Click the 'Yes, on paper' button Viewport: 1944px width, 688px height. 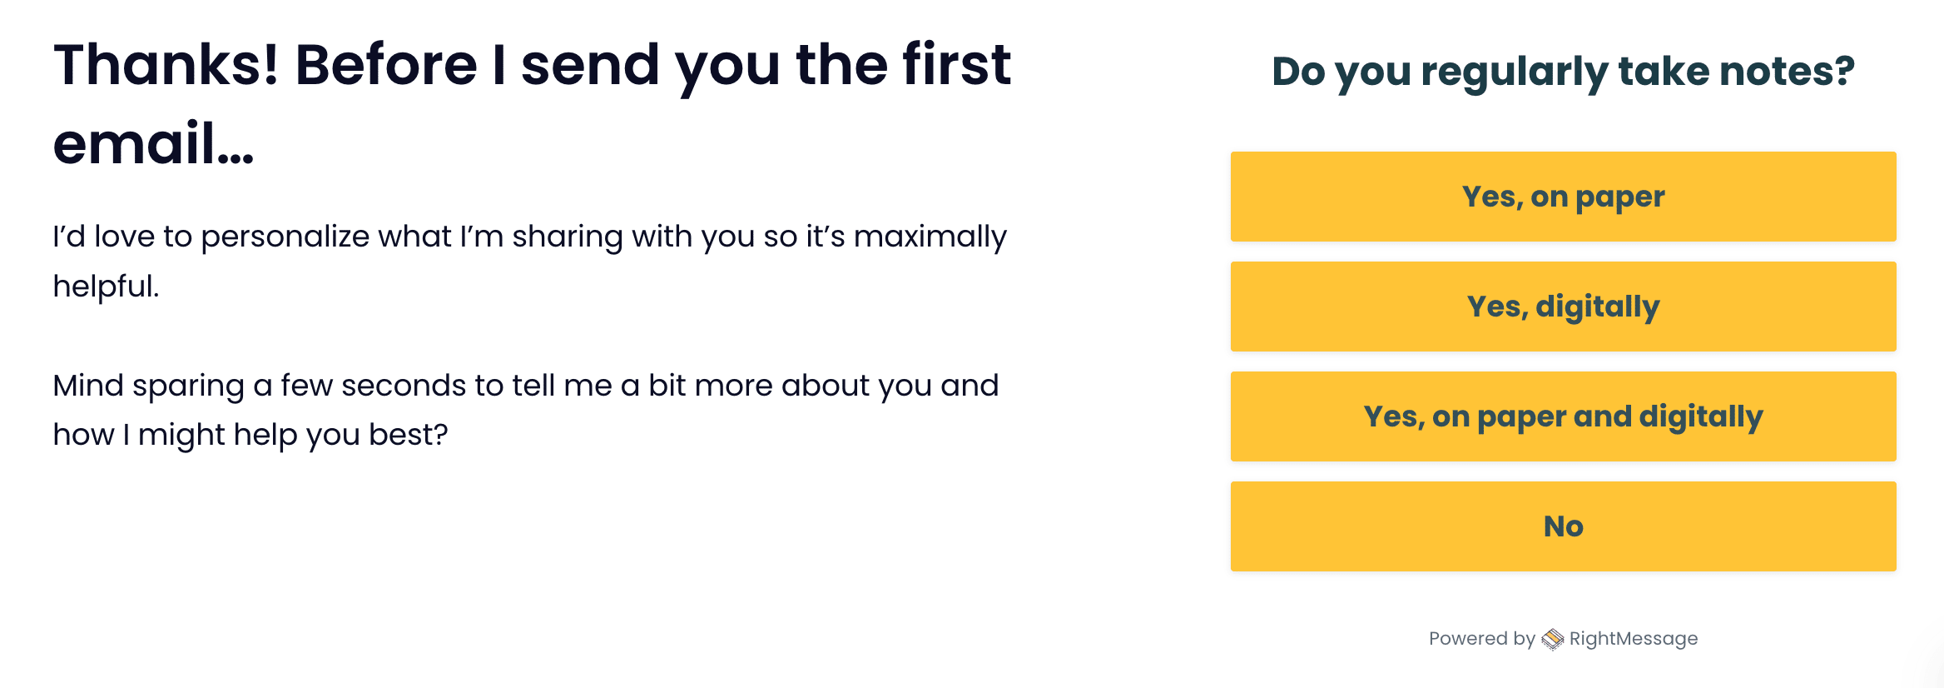[1563, 197]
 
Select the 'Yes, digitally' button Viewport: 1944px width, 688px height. [1563, 307]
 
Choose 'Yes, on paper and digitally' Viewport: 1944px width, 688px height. [1563, 416]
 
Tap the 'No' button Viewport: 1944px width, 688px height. [1563, 526]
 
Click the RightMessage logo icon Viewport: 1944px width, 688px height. [1552, 639]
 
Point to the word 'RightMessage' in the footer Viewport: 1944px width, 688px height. [1634, 639]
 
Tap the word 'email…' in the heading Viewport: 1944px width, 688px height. [153, 143]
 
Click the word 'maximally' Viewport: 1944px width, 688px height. [930, 237]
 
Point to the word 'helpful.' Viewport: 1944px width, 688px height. [106, 286]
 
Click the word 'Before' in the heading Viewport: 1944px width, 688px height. [386, 65]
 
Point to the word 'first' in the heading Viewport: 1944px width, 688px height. [957, 64]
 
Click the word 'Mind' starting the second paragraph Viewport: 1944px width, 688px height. [88, 386]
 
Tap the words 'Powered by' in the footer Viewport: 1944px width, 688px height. [1482, 639]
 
